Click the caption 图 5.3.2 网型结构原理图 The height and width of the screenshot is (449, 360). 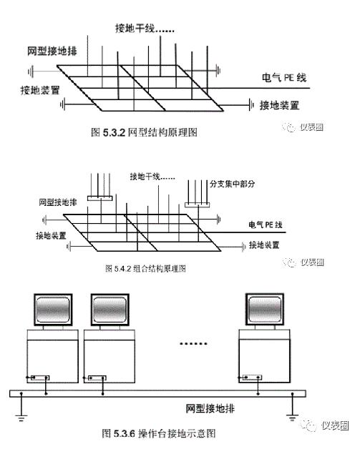click(x=144, y=132)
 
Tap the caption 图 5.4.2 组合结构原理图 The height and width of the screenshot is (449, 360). click(x=145, y=269)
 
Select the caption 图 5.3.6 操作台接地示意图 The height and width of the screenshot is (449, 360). click(x=159, y=433)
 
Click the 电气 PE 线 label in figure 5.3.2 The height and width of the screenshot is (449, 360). click(x=284, y=78)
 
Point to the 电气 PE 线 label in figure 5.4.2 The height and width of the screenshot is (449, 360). click(x=266, y=224)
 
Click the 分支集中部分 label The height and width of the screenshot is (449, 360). click(x=232, y=184)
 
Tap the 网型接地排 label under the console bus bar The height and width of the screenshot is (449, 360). click(x=210, y=408)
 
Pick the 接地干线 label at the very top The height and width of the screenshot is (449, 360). click(x=145, y=29)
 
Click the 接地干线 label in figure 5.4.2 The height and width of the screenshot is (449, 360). click(x=152, y=177)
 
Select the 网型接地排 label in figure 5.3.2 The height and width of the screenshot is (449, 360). click(x=52, y=51)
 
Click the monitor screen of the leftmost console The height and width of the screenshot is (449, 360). click(x=53, y=310)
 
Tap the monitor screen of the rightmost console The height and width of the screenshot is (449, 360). click(x=265, y=310)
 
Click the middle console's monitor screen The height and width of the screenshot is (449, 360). click(x=110, y=310)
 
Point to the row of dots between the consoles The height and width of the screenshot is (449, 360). click(x=193, y=343)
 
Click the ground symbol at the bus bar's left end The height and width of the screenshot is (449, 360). click(x=21, y=418)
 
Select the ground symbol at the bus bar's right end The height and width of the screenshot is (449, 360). click(x=292, y=418)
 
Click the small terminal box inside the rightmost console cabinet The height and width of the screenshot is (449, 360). click(x=252, y=378)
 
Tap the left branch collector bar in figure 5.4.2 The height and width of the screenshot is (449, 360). click(x=99, y=198)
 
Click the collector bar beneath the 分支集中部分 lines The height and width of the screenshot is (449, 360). click(x=198, y=205)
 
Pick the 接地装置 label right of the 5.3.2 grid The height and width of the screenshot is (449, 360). click(x=279, y=106)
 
